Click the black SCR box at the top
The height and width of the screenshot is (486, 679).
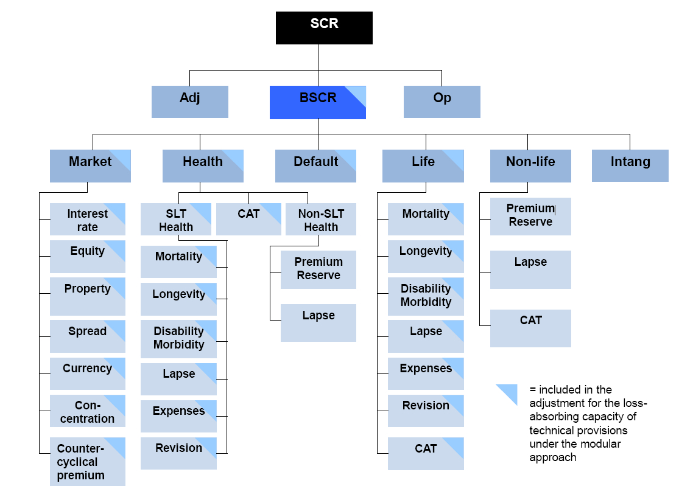click(x=324, y=28)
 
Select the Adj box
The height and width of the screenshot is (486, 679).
click(x=189, y=102)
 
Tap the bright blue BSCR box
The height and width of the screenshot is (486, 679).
click(x=317, y=102)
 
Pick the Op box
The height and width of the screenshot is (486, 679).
click(x=442, y=102)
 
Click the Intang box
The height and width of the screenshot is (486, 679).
click(x=630, y=165)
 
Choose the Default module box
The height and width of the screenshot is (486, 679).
click(x=315, y=165)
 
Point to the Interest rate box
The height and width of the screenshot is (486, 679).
click(x=87, y=220)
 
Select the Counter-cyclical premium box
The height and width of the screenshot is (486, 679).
click(x=87, y=462)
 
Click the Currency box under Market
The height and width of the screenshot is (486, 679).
click(x=87, y=373)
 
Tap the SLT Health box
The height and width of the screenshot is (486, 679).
click(x=176, y=220)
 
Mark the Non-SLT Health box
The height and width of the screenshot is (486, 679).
click(x=320, y=220)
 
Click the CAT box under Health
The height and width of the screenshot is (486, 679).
click(x=248, y=220)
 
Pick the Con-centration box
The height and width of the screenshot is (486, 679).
click(x=87, y=411)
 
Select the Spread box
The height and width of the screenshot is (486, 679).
click(x=87, y=336)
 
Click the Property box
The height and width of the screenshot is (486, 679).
click(x=87, y=296)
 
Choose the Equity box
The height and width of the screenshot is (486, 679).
click(x=87, y=256)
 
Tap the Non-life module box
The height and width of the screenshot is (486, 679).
click(x=530, y=165)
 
